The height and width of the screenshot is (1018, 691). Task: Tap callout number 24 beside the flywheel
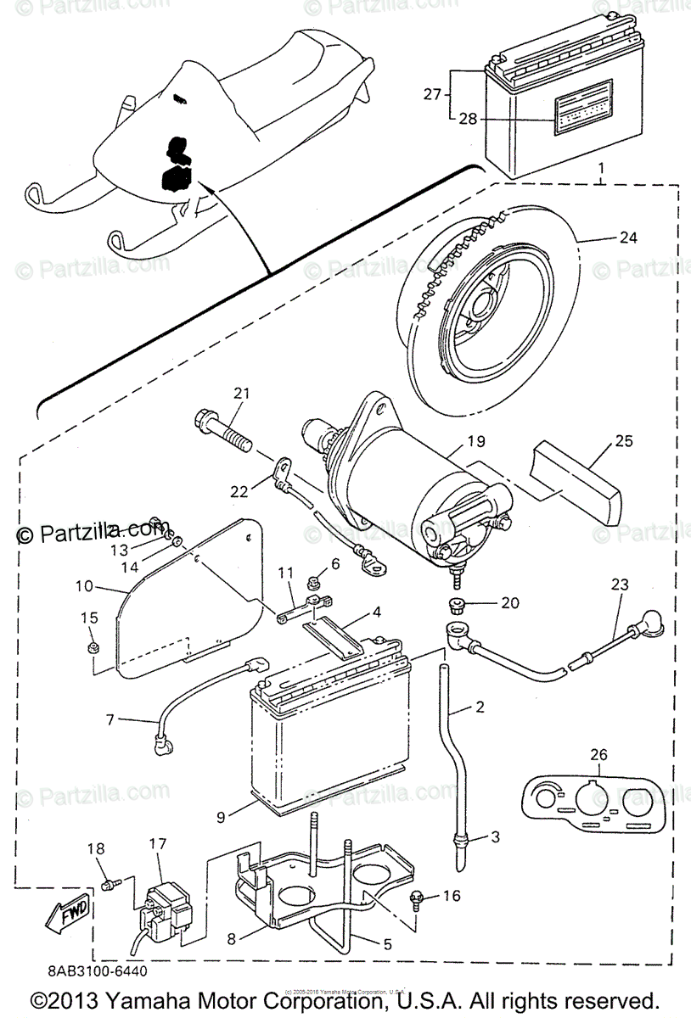[627, 238]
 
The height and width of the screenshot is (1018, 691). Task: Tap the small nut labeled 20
[457, 605]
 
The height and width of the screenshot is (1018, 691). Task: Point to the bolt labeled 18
[108, 884]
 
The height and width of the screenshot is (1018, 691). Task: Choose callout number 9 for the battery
[221, 817]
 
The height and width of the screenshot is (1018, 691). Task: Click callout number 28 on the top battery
[468, 119]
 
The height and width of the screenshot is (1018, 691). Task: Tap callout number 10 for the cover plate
[83, 587]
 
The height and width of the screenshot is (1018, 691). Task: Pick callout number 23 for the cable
[621, 584]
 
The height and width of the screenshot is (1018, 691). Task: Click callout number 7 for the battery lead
[110, 720]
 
